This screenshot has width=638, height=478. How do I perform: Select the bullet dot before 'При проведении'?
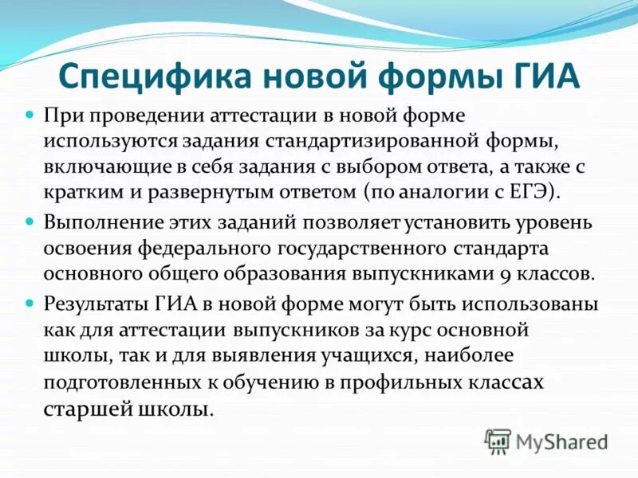pos(31,116)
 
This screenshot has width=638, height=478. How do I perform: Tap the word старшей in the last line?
pos(83,410)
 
